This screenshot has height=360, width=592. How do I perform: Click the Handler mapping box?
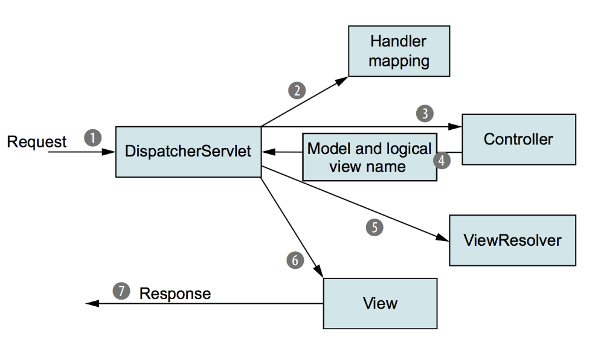coord(399,51)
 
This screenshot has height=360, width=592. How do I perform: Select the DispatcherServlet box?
coord(188,152)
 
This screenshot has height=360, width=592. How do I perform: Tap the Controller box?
coord(519,140)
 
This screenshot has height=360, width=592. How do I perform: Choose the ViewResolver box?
coord(512,240)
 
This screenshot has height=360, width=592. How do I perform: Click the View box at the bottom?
coord(380,303)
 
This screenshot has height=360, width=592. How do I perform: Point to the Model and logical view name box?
coord(370,157)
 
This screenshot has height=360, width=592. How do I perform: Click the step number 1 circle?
coord(93,138)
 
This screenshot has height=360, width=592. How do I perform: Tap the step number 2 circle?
coord(297,91)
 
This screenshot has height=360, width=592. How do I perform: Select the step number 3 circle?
coord(425,113)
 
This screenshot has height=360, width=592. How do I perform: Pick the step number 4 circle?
coord(442,161)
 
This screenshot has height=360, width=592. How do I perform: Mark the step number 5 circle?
coord(375,228)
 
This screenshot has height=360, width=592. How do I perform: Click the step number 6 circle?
coord(295,260)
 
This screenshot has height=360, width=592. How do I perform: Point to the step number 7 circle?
coord(121,291)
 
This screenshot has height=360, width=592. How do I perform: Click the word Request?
coord(37,142)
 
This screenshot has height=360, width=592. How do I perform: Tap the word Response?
coord(175,294)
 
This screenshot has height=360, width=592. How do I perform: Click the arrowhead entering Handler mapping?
coord(342,81)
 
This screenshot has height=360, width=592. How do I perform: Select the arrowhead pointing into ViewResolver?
coord(442,237)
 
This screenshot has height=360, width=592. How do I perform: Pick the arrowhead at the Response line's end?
coord(92,303)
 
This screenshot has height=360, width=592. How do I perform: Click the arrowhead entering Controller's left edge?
coord(455,127)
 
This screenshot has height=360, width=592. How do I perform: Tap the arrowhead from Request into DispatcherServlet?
coord(109,152)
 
